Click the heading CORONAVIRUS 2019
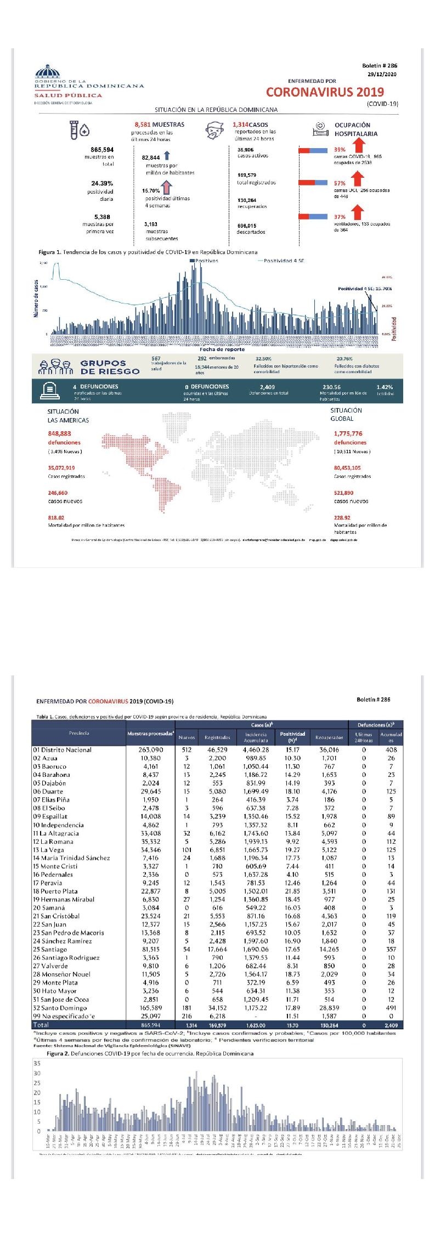325,92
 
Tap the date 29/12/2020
382,74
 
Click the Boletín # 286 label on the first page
380,65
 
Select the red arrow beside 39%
359,145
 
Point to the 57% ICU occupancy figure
340,183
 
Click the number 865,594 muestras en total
102,149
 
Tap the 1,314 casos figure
240,125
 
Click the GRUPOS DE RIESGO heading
110,367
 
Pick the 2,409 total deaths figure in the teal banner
268,387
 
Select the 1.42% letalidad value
385,387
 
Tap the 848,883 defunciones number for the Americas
59,433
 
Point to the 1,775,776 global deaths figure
348,433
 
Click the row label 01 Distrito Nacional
62,749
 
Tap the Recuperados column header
329,737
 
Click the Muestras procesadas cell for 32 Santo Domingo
151,1007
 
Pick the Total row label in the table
41,1024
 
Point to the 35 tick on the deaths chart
37,1063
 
